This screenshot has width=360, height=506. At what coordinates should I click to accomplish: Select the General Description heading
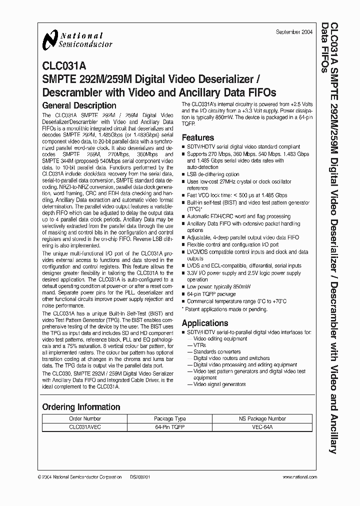pos(79,105)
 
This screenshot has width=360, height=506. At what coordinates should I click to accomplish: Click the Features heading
pos(197,137)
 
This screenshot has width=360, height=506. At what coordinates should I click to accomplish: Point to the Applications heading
pos(204,323)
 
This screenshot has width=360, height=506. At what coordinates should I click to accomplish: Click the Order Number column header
pos(84,418)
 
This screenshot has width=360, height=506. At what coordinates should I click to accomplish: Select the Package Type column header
pos(170,418)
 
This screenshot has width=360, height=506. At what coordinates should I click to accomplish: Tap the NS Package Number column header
pos(262,418)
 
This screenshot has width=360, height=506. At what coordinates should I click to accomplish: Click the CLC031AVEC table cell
pos(84,428)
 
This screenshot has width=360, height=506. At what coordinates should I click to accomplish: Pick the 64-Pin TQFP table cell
pos(170,428)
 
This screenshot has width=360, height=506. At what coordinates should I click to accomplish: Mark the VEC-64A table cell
pos(262,428)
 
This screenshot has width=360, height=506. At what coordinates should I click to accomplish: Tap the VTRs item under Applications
pos(199,345)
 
